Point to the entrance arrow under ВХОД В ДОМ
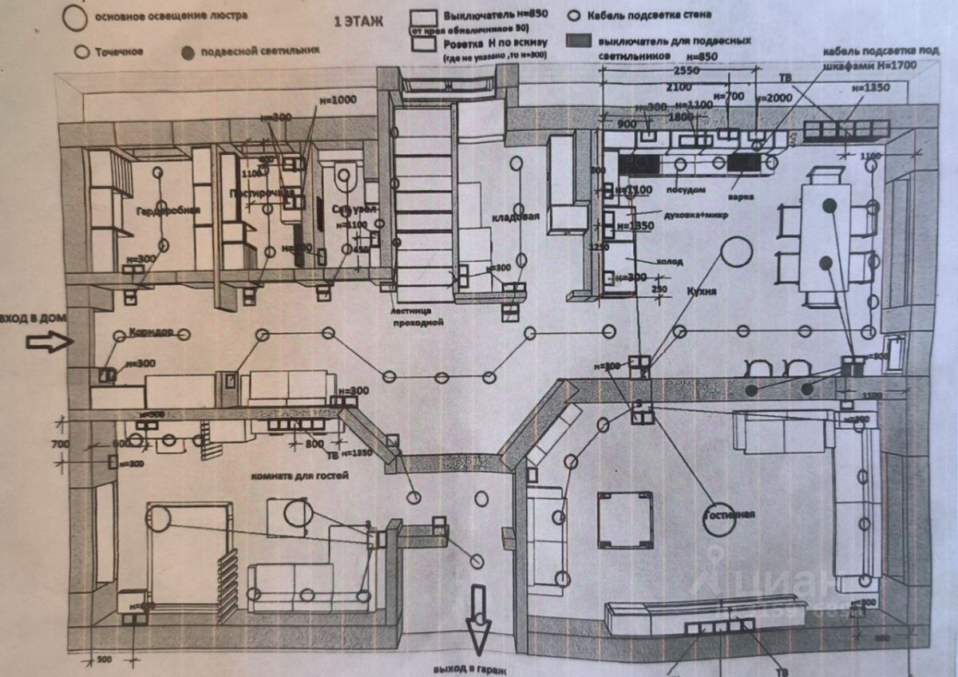tap(49, 342)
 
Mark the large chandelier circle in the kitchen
tap(736, 251)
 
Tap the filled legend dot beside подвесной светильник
tap(188, 53)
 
